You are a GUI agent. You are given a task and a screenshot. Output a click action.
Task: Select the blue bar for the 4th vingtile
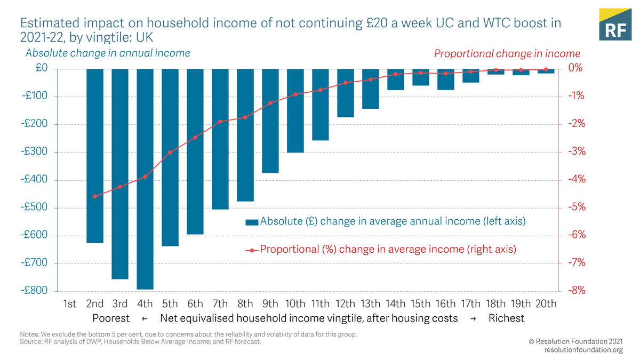[x=145, y=179]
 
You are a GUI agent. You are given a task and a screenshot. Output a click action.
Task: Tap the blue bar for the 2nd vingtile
[x=95, y=156]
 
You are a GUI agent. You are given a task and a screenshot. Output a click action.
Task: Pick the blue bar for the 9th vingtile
[x=270, y=121]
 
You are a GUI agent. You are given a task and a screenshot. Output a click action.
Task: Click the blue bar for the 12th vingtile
[x=346, y=93]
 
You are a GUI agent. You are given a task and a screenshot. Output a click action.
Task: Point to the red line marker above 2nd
[x=95, y=196]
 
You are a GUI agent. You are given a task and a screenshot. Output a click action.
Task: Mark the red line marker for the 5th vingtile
[x=170, y=153]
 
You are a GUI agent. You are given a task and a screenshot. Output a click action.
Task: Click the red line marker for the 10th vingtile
[x=295, y=94]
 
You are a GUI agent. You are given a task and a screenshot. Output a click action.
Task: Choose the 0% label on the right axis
[x=573, y=68]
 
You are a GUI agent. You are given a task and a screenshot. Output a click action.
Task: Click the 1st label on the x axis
[x=70, y=304]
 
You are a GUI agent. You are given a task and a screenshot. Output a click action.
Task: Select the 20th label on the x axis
[x=546, y=304]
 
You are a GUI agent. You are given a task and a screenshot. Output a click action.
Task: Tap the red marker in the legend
[x=252, y=250]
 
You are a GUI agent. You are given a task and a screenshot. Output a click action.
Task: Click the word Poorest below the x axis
[x=111, y=318]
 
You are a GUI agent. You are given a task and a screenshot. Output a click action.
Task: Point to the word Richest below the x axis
[x=506, y=318]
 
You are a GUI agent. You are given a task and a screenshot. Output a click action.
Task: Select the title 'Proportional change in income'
[x=507, y=54]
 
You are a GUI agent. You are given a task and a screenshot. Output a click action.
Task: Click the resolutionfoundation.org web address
[x=583, y=350]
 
